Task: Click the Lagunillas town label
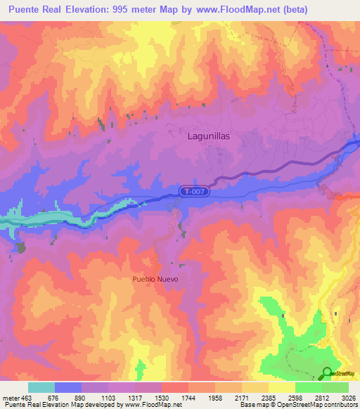(209, 138)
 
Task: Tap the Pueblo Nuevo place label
(155, 279)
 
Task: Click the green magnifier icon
(326, 373)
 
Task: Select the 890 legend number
(82, 398)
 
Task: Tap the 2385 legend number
(268, 398)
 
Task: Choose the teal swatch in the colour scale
(41, 387)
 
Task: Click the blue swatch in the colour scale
(68, 387)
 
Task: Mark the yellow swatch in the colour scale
(281, 387)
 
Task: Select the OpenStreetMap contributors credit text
(316, 405)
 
